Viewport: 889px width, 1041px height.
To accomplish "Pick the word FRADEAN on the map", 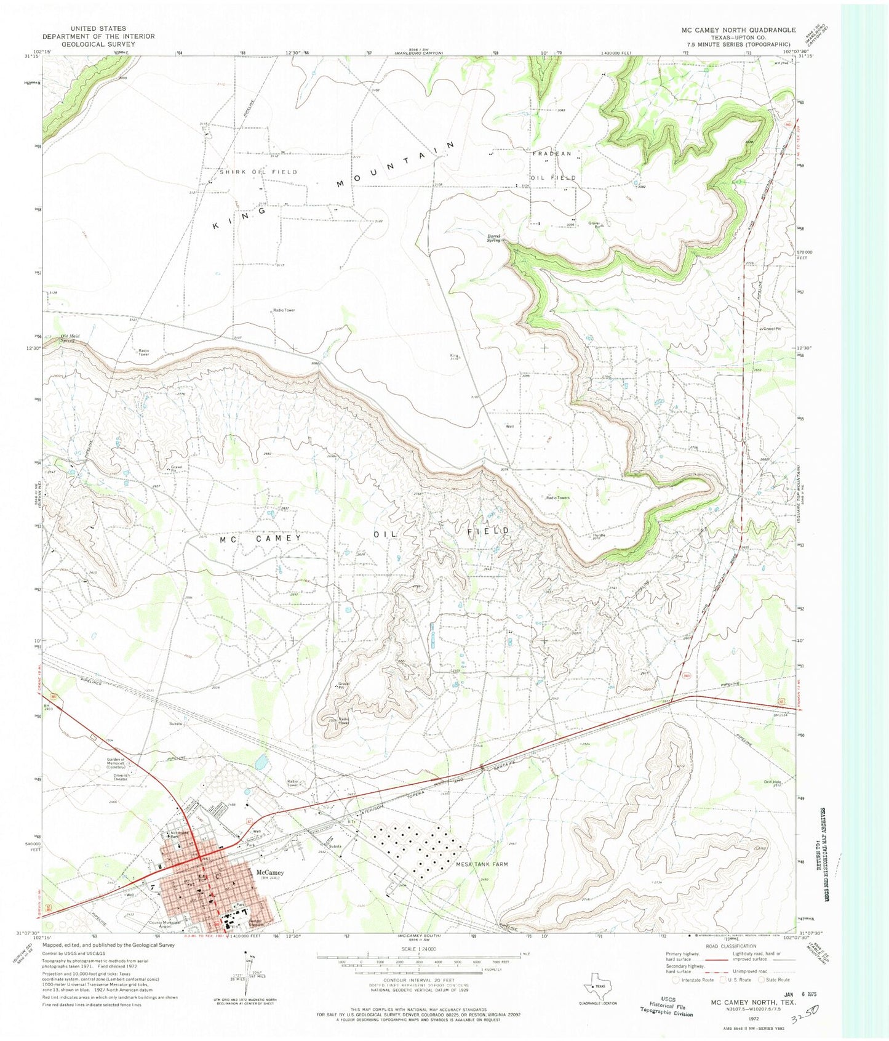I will (x=552, y=153).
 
